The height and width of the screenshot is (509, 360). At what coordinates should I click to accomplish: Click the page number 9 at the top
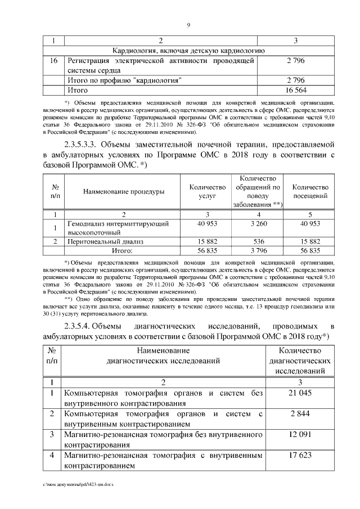click(188, 25)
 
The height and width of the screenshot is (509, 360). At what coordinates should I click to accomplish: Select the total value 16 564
click(296, 90)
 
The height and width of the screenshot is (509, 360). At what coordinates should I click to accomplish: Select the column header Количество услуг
click(208, 192)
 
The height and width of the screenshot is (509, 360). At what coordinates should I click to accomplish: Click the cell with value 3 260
click(258, 225)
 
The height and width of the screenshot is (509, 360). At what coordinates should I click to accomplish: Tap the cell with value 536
click(258, 241)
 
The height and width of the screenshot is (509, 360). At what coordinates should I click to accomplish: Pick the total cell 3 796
click(258, 251)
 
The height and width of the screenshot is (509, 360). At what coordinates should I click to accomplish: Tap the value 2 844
click(300, 414)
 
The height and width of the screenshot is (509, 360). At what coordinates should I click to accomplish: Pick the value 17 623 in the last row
click(300, 456)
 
